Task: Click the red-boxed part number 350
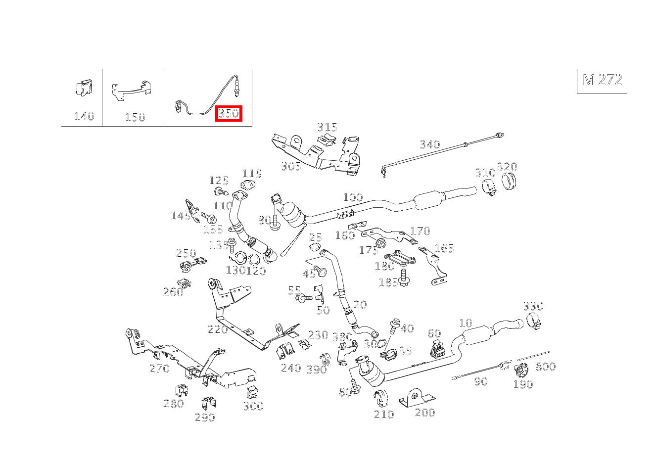[x=229, y=114]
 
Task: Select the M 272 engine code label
[x=602, y=80]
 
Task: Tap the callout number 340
[x=429, y=144]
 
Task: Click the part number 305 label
[x=291, y=166]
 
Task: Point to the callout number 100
[x=353, y=197]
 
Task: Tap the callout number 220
[x=218, y=329]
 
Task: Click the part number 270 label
[x=159, y=369]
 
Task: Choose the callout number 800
[x=546, y=367]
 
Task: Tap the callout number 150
[x=135, y=117]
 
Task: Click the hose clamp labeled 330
[x=533, y=321]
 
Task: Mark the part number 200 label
[x=425, y=413]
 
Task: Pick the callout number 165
[x=444, y=248]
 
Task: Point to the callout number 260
[x=173, y=292]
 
